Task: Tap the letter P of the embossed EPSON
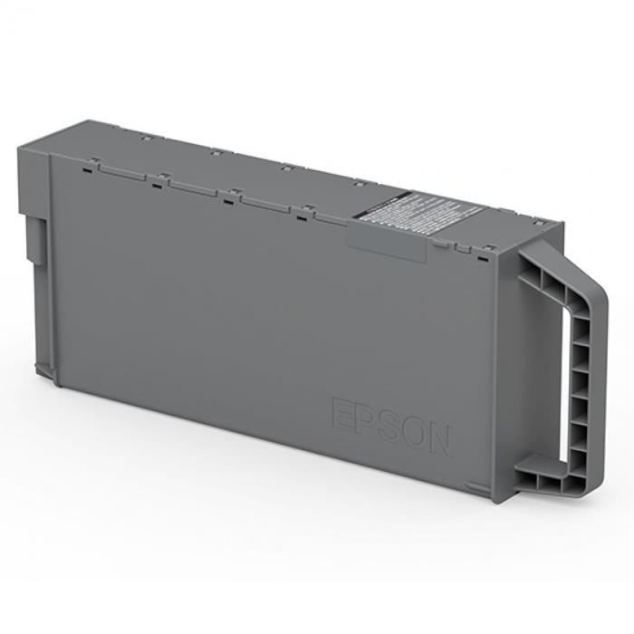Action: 364,418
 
